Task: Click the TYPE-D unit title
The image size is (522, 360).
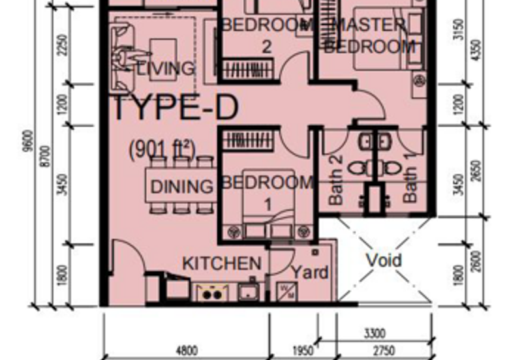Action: pos(176,108)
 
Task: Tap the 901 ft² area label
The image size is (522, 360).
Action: pos(162,150)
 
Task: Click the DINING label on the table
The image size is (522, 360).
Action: pos(182,187)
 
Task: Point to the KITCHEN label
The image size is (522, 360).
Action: pos(221,264)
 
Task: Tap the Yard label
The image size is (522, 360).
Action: pos(309,272)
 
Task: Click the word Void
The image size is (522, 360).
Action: pos(384,260)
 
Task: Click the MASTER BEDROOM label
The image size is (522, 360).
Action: pos(369,36)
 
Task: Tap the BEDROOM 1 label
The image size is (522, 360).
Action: pos(267,192)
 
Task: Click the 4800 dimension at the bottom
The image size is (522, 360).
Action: pos(187,350)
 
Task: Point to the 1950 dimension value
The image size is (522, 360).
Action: pos(303,351)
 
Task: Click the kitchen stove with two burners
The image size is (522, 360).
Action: pos(211,293)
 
